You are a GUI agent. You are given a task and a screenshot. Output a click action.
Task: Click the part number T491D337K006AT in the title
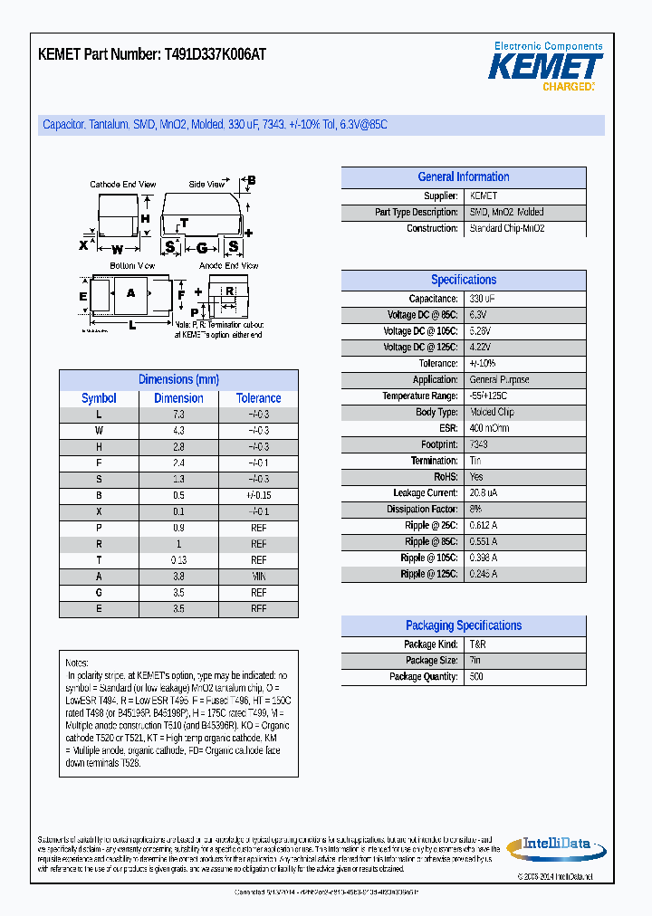[216, 54]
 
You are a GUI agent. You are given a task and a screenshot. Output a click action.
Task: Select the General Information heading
[464, 177]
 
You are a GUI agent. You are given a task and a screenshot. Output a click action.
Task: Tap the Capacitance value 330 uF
[482, 299]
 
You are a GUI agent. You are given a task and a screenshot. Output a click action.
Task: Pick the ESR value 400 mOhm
[489, 428]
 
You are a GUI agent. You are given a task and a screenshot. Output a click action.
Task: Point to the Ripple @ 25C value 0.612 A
[484, 526]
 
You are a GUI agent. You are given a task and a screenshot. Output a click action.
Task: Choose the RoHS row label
[446, 477]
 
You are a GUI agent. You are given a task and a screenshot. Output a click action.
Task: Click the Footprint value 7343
[479, 444]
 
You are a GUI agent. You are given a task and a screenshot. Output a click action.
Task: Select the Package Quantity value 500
[476, 677]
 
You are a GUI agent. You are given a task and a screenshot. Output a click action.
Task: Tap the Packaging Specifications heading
[464, 625]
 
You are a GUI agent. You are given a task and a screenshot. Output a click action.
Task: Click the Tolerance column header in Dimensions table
[259, 398]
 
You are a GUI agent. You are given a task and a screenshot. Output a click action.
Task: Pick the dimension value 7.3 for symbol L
[178, 415]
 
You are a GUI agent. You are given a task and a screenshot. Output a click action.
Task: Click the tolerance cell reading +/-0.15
[259, 496]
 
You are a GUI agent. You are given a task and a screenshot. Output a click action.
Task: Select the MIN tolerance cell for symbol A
[259, 577]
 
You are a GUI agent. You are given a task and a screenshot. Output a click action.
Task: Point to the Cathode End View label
[123, 185]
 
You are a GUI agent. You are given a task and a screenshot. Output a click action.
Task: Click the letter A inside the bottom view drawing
[130, 292]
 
